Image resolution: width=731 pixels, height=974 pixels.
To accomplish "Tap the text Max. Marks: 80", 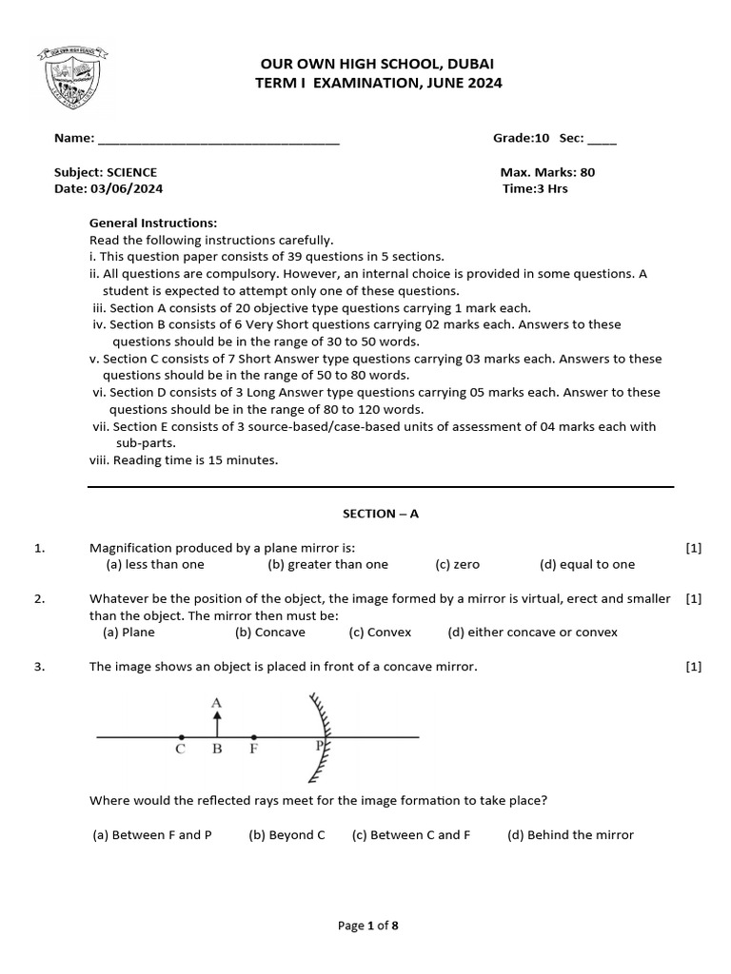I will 547,172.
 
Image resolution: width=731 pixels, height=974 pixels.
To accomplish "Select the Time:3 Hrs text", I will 535,189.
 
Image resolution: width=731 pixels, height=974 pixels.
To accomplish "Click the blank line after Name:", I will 218,139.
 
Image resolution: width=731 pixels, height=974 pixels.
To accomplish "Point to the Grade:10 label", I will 521,138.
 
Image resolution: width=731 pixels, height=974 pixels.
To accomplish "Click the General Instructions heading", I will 153,223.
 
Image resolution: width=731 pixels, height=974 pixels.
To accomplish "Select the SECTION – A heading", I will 381,514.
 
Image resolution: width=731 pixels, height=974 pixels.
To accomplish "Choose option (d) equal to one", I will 586,564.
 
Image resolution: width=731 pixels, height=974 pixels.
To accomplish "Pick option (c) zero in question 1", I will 457,564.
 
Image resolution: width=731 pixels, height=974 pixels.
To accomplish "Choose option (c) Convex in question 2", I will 383,632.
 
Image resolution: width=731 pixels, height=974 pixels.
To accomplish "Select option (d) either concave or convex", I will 532,632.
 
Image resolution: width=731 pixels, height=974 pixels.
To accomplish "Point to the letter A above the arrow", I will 216,703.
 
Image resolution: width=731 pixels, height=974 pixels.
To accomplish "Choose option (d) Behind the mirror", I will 570,835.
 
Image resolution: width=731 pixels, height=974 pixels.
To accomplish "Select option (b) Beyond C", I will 286,835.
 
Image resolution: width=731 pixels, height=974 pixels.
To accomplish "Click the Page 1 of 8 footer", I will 367,925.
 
